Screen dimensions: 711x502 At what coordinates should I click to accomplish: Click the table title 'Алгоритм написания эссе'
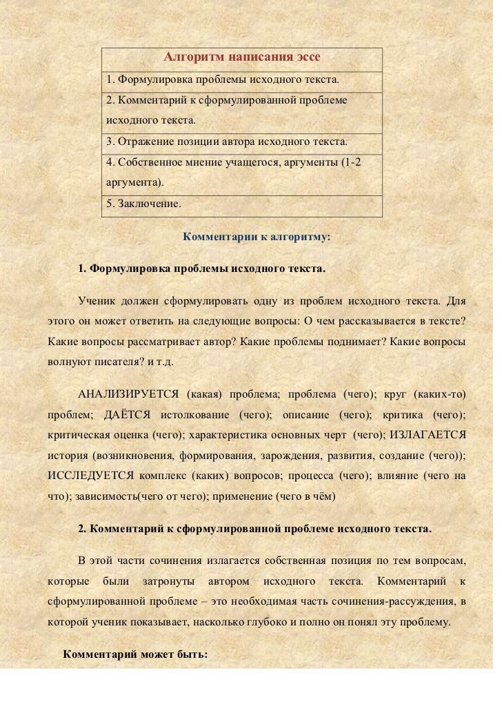click(241, 57)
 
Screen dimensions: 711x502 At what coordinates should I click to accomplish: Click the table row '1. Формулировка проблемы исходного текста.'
click(222, 81)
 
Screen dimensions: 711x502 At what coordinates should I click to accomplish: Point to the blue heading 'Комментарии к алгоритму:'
click(257, 237)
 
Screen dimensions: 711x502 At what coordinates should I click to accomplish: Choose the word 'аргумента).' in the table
click(136, 183)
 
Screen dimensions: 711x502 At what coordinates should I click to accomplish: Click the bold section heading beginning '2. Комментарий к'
click(254, 529)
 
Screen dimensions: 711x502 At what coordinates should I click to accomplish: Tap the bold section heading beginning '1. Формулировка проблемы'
click(201, 268)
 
